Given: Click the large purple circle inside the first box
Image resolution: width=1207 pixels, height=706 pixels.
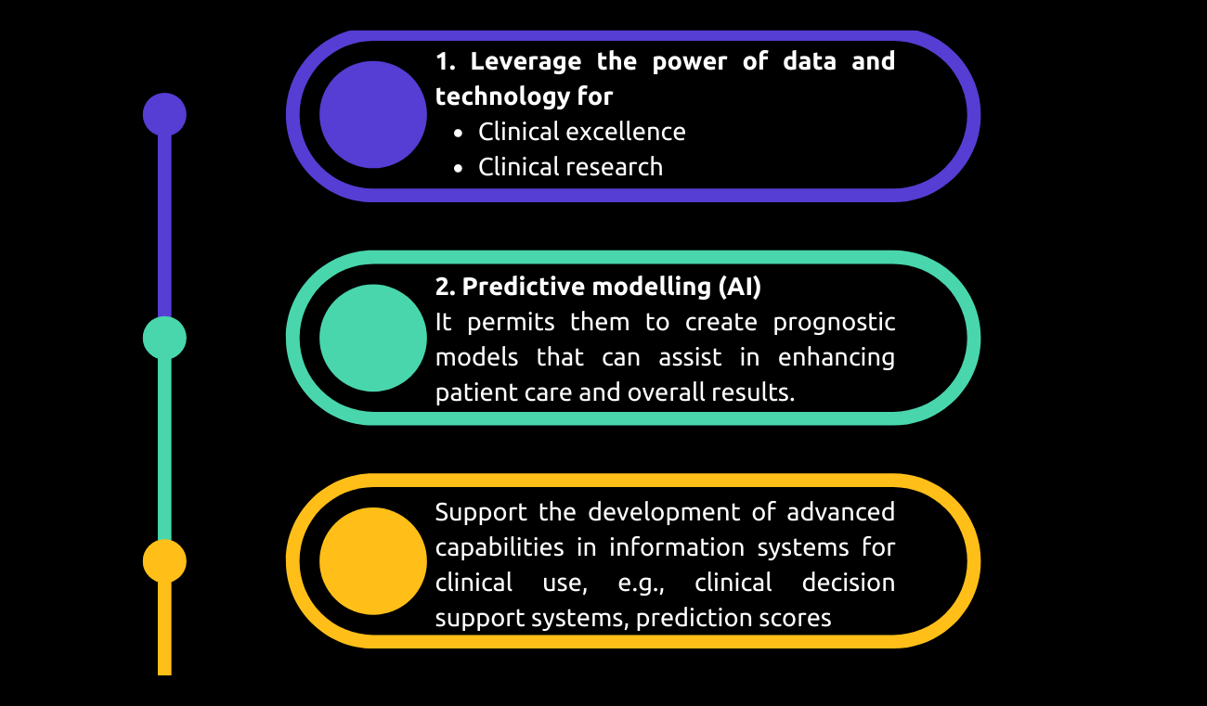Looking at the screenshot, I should [x=373, y=114].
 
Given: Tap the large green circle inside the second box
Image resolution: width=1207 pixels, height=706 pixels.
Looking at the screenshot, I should [x=373, y=338].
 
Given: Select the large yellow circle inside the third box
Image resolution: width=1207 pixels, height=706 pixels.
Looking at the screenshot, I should [x=373, y=560].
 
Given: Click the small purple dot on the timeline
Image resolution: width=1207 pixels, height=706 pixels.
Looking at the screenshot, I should [x=164, y=114].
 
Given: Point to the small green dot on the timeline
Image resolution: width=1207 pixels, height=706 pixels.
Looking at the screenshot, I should [x=164, y=338].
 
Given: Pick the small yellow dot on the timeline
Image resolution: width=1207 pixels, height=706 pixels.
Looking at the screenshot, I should [x=164, y=560].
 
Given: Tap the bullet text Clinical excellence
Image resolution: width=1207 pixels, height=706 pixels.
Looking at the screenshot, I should [x=581, y=132].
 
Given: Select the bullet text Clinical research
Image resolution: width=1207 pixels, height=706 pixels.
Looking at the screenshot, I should [x=570, y=167].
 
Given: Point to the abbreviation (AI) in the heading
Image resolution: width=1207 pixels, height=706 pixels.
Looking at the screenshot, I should [x=739, y=287].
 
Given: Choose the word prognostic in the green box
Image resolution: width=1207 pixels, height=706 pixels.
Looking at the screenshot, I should [x=834, y=322].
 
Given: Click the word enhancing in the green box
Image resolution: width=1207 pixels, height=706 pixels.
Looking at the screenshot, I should [x=837, y=357].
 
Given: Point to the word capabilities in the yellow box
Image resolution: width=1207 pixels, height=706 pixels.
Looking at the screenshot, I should [x=499, y=547].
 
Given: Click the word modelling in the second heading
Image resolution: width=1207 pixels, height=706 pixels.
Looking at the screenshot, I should [x=652, y=287].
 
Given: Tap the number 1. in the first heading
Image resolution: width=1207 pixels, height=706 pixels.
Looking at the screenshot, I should [x=445, y=61].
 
